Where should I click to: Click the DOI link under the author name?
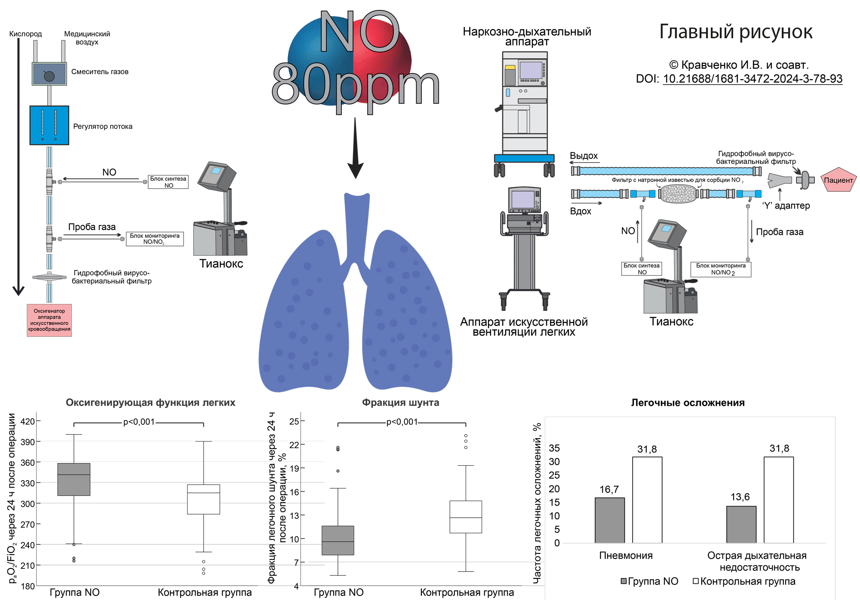point(752,79)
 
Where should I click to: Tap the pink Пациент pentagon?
point(838,180)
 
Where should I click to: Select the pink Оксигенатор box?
point(49,320)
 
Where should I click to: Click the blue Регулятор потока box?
point(49,125)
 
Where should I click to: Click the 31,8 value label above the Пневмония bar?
point(647,449)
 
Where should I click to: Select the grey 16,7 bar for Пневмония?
point(610,520)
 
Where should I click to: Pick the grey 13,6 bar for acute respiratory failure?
point(741,525)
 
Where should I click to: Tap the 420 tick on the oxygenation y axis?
point(28,421)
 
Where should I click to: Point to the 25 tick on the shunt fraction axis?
point(294,421)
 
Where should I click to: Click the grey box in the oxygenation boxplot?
point(74,479)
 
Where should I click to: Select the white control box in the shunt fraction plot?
point(466,517)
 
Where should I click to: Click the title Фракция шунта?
point(400,402)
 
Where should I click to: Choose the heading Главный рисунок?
point(736,32)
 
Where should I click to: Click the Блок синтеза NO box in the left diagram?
point(168,182)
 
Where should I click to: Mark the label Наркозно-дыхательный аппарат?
point(527,37)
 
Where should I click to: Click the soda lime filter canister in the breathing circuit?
point(679,194)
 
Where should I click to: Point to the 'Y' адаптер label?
point(786,206)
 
